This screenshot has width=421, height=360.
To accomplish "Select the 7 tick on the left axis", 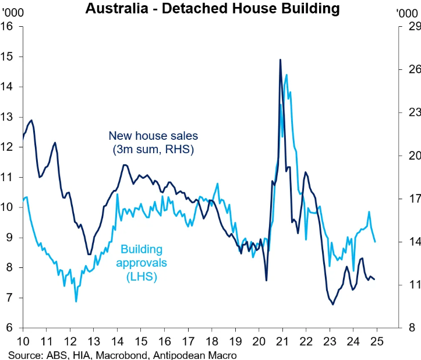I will (10, 298).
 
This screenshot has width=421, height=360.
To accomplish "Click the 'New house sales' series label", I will (153, 136).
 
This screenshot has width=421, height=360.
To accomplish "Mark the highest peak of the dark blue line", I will (280, 59).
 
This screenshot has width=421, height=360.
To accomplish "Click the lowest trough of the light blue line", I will (76, 301).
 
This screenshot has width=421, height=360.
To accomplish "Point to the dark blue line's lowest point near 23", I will (332, 304).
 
